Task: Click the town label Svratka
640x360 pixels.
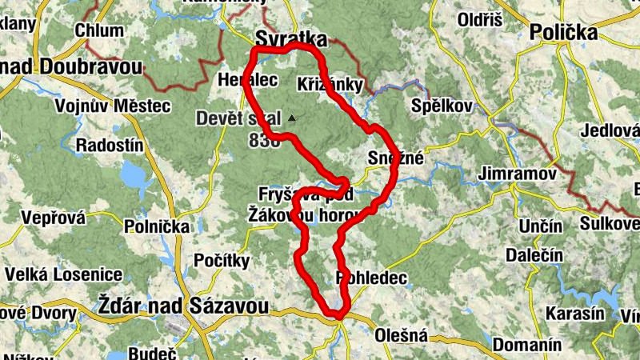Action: click(x=291, y=38)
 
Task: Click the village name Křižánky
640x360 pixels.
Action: click(x=330, y=84)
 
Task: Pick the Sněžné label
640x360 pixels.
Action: click(x=395, y=158)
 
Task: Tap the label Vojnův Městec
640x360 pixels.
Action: click(x=112, y=106)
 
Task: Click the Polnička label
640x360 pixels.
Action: click(x=157, y=227)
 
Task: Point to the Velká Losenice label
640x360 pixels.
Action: click(x=64, y=274)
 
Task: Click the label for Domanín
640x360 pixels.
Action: click(x=527, y=346)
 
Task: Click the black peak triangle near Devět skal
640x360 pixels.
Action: click(x=292, y=118)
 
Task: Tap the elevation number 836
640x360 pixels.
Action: click(x=265, y=141)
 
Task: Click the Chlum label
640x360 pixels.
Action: click(x=99, y=30)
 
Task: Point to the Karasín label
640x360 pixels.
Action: click(x=575, y=313)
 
